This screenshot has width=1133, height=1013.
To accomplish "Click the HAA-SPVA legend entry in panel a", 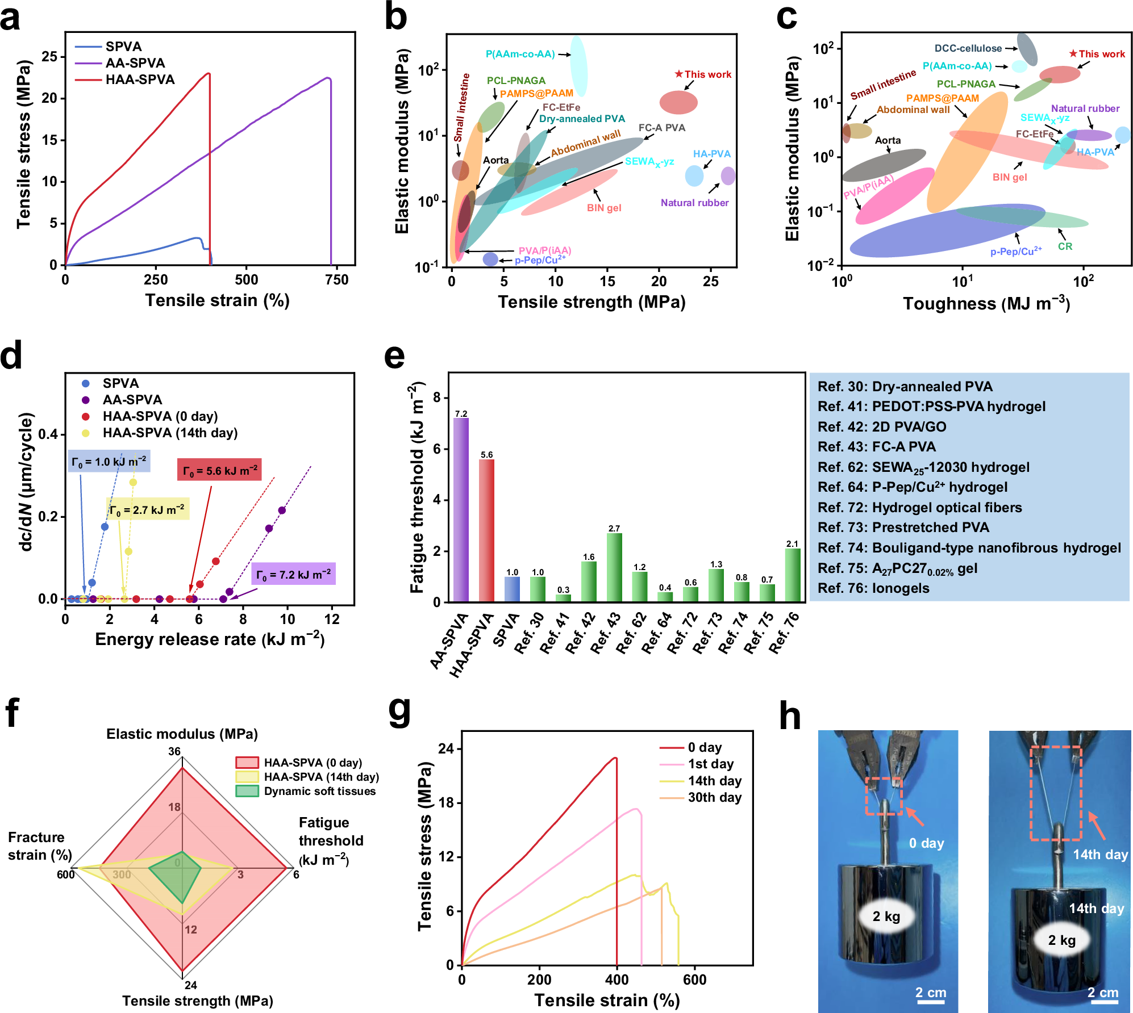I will tap(140, 79).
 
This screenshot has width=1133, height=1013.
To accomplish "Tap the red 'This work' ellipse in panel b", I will tap(678, 102).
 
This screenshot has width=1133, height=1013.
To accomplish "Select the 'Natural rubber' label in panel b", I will tap(694, 203).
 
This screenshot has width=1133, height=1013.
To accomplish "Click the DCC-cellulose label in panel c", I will tap(968, 48).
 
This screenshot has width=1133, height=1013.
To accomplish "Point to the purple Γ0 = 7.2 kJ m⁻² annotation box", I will tap(293, 574).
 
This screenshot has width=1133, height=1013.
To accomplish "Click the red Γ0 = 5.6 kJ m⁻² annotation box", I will tap(219, 470).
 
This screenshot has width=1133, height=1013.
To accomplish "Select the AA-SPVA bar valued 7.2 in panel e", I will tap(461, 509).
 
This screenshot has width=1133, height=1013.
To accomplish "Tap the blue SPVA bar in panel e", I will tap(512, 589).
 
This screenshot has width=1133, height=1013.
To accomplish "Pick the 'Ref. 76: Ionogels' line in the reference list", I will tap(873, 588).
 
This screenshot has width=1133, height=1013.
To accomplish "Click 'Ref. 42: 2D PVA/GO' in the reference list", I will tap(889, 427).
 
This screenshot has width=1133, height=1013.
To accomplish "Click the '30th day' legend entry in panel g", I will tap(714, 797).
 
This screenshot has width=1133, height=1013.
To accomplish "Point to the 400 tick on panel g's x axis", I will tap(617, 979).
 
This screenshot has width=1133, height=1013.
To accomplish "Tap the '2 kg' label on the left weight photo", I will tap(886, 916).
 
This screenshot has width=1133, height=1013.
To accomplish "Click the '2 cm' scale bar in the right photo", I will tap(1102, 994).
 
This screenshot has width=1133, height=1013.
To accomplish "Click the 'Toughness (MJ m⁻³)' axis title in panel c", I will tap(986, 304).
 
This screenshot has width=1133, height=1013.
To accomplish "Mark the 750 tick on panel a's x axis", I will tap(336, 280).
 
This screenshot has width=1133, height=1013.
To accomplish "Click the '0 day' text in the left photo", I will tap(926, 843).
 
